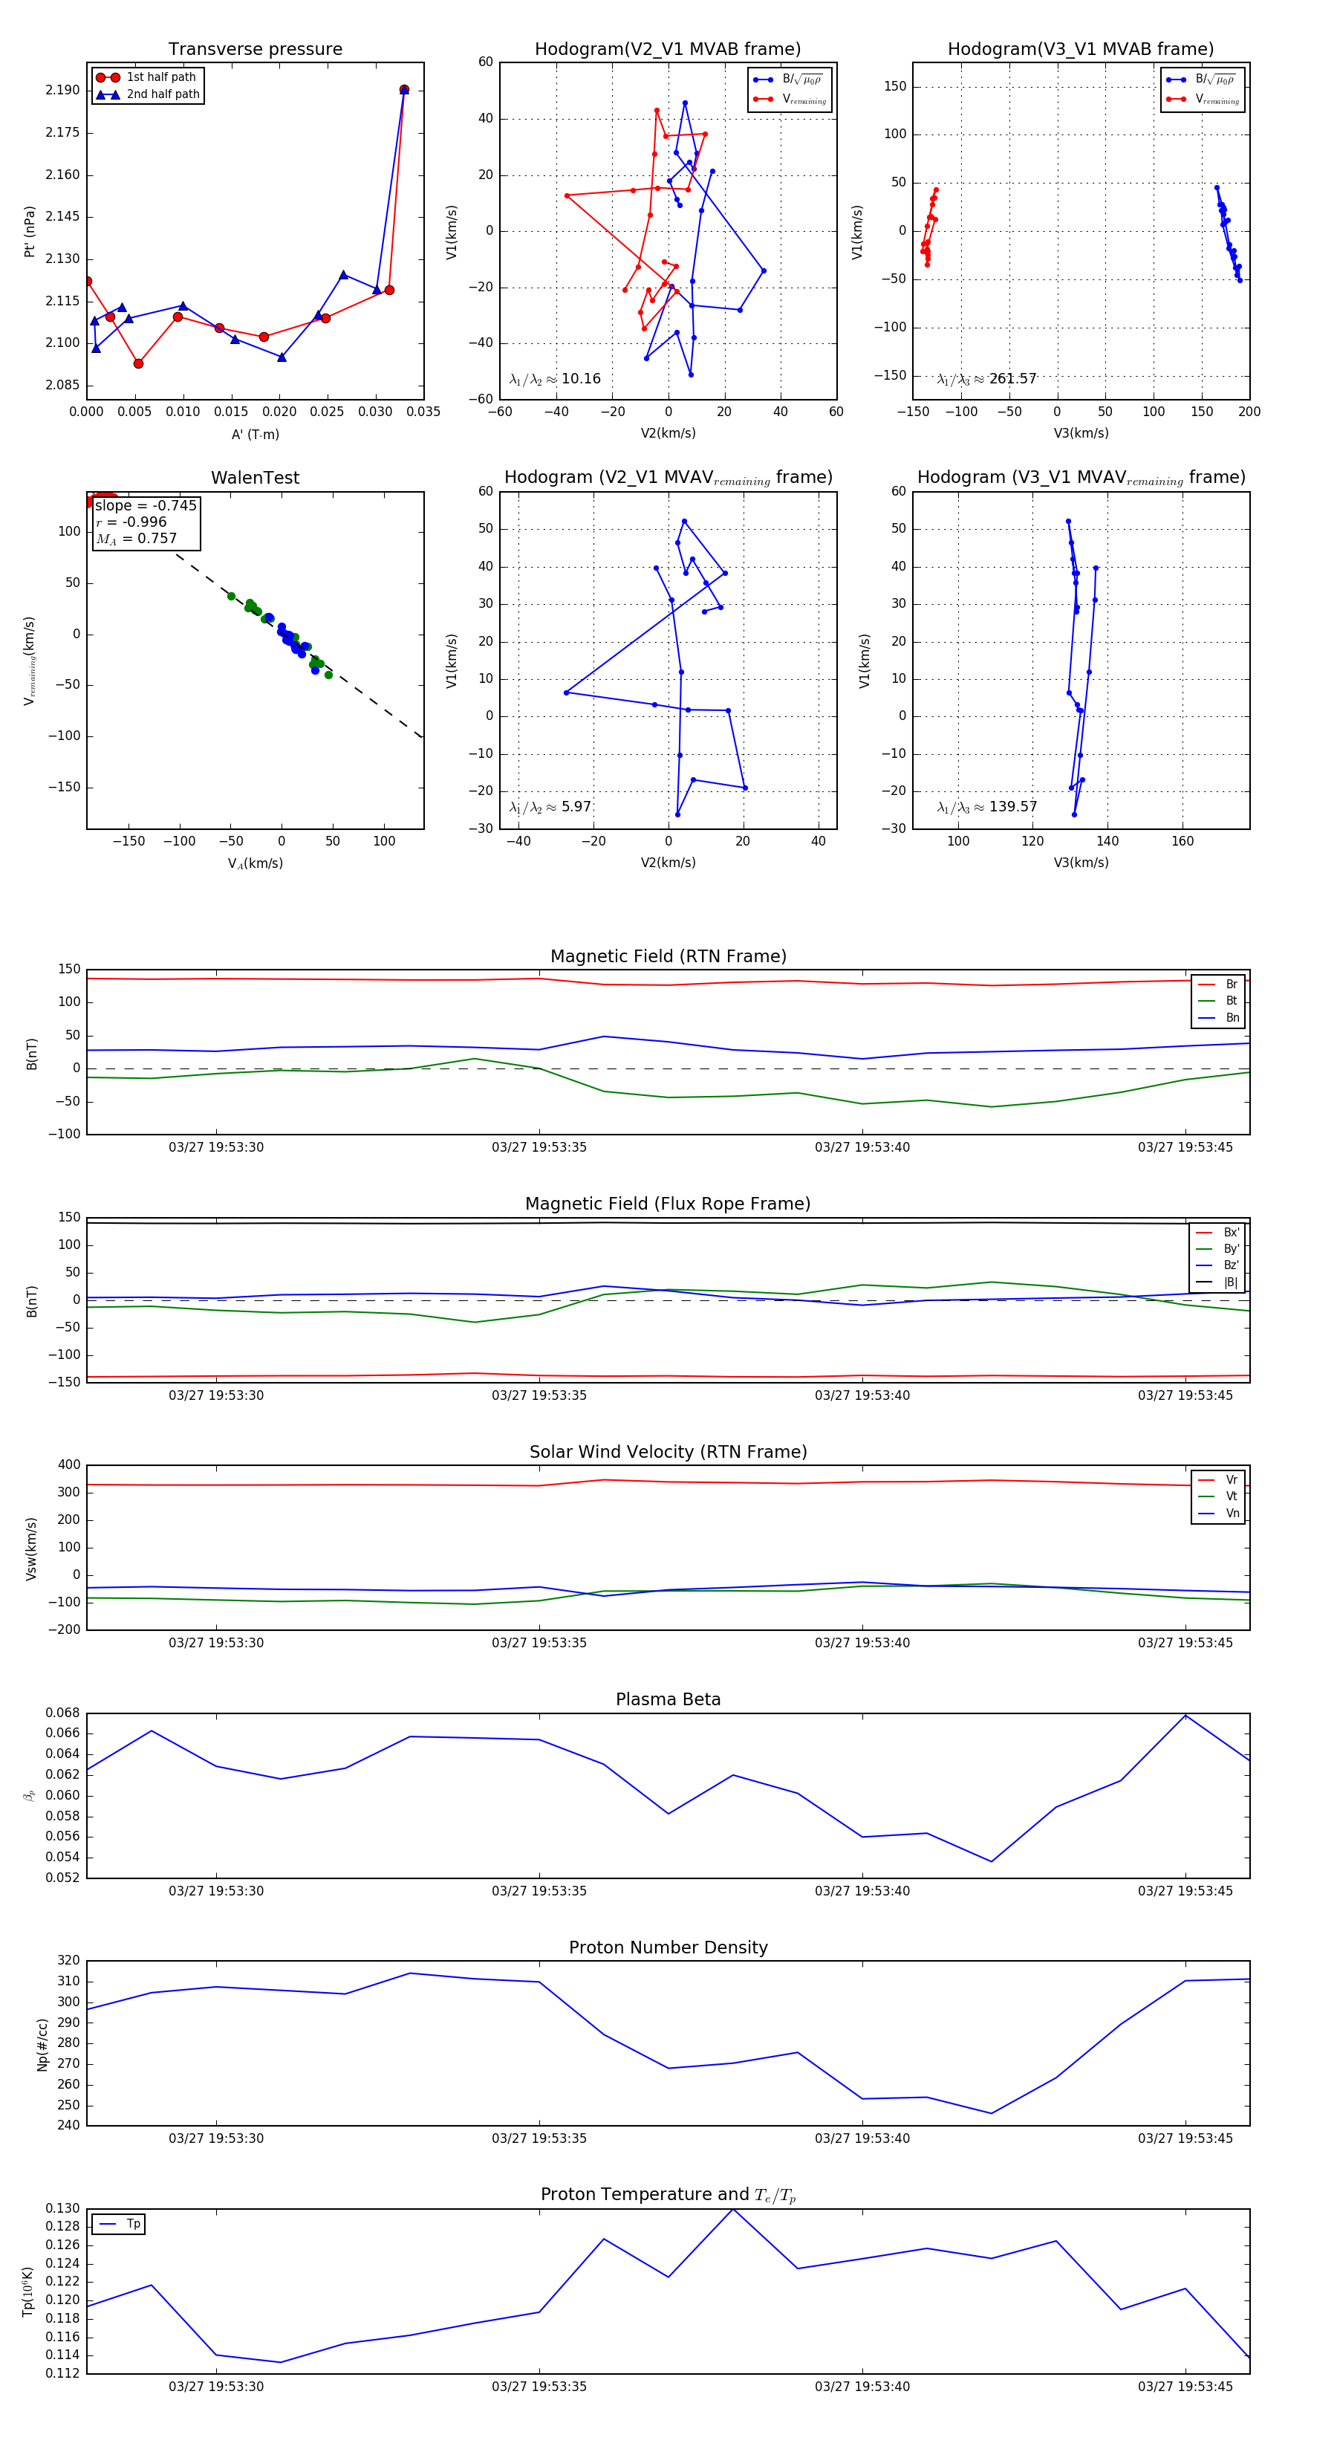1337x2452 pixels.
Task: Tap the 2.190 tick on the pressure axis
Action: pyautogui.click(x=63, y=91)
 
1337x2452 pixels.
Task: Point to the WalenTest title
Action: pyautogui.click(x=255, y=478)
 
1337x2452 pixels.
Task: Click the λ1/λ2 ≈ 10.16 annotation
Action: pyautogui.click(x=555, y=379)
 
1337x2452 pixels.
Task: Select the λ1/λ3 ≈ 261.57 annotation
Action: pyautogui.click(x=986, y=379)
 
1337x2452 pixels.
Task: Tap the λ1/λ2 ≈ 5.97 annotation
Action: pyautogui.click(x=550, y=807)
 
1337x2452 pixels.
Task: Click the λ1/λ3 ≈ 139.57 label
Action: pyautogui.click(x=986, y=807)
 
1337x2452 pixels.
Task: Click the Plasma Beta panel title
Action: pyautogui.click(x=668, y=1700)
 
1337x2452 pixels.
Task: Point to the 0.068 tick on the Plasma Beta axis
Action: pyautogui.click(x=63, y=1713)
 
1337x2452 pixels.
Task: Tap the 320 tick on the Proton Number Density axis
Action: pyautogui.click(x=68, y=1961)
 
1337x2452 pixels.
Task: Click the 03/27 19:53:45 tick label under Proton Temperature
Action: pyautogui.click(x=1185, y=2387)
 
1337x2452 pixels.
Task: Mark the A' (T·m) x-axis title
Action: pyautogui.click(x=255, y=435)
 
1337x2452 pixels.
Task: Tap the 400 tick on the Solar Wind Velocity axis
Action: pyautogui.click(x=68, y=1465)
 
